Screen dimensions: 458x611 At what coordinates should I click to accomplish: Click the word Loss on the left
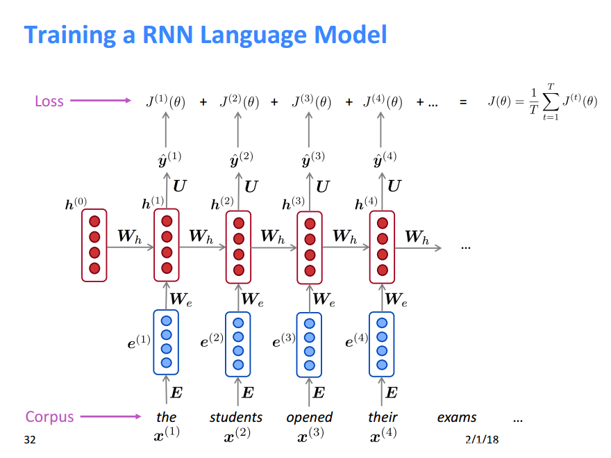click(x=49, y=101)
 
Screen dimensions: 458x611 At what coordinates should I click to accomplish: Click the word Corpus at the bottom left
click(x=49, y=417)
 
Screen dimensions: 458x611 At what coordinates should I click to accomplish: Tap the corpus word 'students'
click(x=236, y=417)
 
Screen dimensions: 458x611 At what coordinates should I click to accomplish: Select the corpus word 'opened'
click(x=310, y=417)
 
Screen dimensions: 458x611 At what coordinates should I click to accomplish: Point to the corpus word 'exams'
click(x=457, y=417)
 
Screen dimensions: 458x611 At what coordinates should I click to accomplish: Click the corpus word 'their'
click(x=383, y=417)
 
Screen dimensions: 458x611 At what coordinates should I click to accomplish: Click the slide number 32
click(x=29, y=439)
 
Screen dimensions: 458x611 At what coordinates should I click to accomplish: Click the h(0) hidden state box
click(x=94, y=245)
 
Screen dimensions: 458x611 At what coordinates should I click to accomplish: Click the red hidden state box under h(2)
click(x=239, y=247)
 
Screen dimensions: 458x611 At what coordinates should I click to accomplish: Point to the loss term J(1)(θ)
click(x=165, y=102)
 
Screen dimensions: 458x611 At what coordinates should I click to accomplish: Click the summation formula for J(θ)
click(x=542, y=102)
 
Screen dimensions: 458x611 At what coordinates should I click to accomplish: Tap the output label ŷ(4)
click(x=385, y=159)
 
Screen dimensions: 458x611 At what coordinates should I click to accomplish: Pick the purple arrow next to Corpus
click(x=110, y=417)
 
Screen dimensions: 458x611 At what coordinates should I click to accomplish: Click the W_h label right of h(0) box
click(x=130, y=236)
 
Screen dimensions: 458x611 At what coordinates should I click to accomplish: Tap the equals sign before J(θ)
click(x=462, y=102)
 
